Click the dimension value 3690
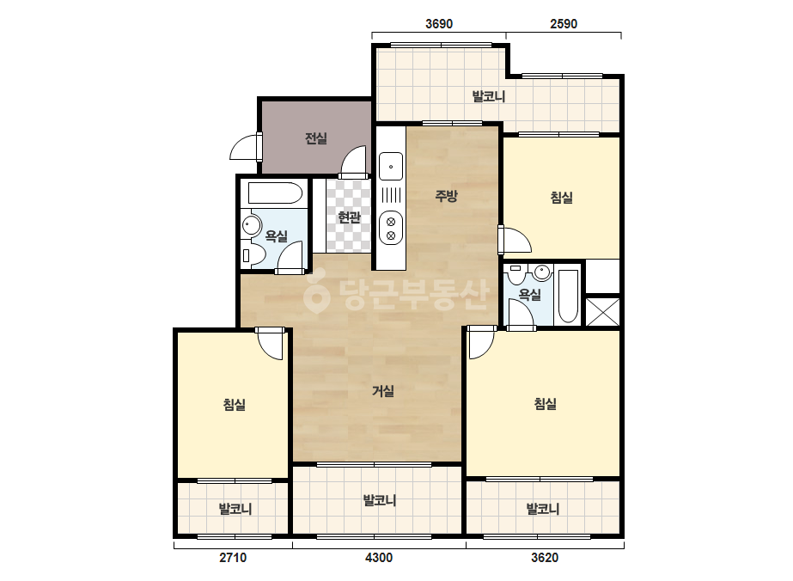tap(439, 24)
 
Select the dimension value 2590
tap(564, 24)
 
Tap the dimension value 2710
tap(233, 558)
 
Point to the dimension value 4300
tap(379, 558)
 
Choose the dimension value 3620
tap(545, 558)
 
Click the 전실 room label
tap(316, 138)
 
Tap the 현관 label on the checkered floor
tap(349, 217)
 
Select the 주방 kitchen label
tap(446, 195)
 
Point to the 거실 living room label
tap(383, 391)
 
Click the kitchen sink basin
tap(391, 167)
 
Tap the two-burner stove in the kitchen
tap(391, 228)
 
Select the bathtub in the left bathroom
tap(276, 193)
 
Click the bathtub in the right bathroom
tap(568, 297)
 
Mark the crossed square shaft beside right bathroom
tap(603, 312)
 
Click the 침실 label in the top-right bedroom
tap(561, 198)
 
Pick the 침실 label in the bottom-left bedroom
tap(235, 405)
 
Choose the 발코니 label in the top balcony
tap(489, 96)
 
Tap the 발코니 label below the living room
tap(379, 500)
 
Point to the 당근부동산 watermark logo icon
tap(316, 295)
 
